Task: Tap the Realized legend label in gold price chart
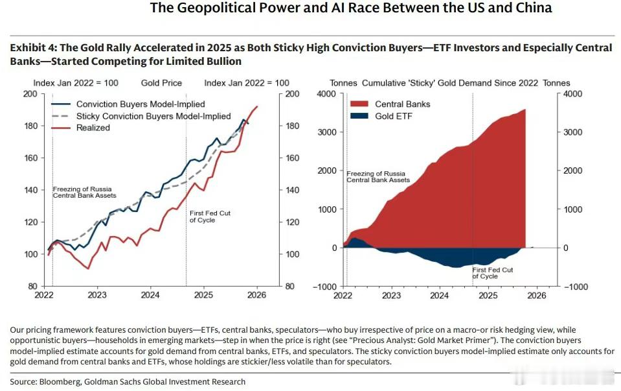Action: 93,128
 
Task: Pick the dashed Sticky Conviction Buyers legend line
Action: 62,116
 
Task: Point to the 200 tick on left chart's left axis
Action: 30,94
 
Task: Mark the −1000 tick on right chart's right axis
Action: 577,287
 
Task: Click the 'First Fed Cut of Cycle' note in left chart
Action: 210,217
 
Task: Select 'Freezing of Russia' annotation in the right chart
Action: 376,174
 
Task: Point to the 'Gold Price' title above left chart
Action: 161,83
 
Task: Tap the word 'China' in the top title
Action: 530,8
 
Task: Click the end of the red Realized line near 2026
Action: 258,106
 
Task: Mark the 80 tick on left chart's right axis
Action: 289,287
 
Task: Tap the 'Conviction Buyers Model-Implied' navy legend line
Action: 62,104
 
